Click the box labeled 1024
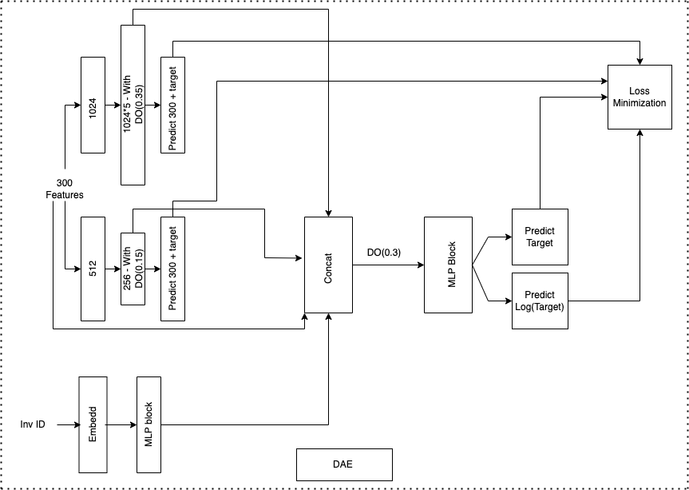[93, 105]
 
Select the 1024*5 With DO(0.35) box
[133, 105]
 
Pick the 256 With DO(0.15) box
[133, 269]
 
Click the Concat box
[328, 265]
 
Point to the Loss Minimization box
[640, 97]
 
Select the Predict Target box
[540, 237]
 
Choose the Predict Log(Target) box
[540, 301]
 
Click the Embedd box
[93, 424]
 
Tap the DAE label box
[344, 464]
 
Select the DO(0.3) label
[383, 252]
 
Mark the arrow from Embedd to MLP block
[121, 424]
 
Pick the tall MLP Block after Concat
[448, 265]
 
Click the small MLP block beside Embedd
[148, 424]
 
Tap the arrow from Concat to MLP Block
[389, 265]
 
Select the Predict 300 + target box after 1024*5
[172, 105]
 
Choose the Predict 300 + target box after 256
[172, 269]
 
